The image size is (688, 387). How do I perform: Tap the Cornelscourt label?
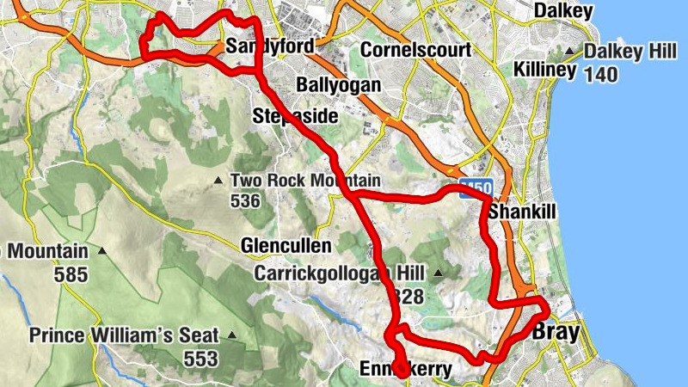[416, 50]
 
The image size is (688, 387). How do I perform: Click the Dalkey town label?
[563, 10]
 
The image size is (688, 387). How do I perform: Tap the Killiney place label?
[543, 70]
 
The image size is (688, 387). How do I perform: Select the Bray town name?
[556, 331]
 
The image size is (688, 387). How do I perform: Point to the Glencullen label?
[286, 246]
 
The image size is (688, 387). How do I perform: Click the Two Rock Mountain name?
[305, 181]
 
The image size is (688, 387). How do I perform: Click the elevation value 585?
[71, 275]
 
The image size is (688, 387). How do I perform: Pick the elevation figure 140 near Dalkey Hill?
[600, 75]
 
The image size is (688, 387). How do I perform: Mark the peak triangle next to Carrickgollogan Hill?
[439, 273]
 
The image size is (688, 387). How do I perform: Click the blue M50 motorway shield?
[476, 187]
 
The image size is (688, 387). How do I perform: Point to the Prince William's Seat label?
[125, 335]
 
